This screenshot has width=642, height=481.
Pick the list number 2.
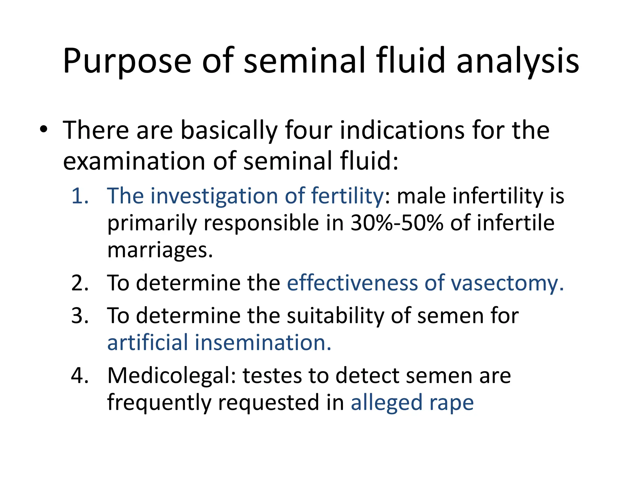[80, 283]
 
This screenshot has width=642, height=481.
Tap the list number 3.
[80, 316]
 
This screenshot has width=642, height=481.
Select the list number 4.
[80, 375]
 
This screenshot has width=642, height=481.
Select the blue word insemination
[263, 343]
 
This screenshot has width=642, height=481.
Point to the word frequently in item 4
[159, 403]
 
